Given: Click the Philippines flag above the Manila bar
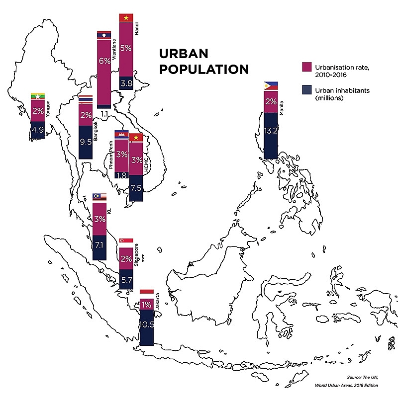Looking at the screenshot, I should coord(271,86).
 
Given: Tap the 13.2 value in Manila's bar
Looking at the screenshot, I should coord(271,131).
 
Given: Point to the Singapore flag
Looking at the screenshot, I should coord(126,241).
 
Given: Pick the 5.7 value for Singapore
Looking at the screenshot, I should coord(126,280).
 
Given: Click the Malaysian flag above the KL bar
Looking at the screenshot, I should coord(99,198).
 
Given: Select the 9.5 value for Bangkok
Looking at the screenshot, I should coord(86,141).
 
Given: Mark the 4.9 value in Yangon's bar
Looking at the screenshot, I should coord(38,130).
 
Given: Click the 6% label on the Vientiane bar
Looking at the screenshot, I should coord(104,62).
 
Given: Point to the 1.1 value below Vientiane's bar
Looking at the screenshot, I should coord(104,114).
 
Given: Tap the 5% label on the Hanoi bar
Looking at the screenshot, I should coord(126,48).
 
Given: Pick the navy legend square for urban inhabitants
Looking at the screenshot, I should coord(307,90).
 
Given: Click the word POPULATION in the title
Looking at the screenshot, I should coord(203,69).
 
